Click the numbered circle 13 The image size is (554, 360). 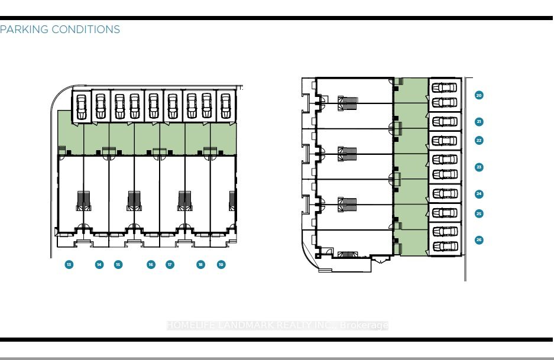(x=69, y=264)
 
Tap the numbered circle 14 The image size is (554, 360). (x=99, y=264)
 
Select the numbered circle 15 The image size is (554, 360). (x=118, y=264)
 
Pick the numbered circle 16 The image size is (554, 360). (x=151, y=264)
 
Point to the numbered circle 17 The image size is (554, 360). (x=170, y=264)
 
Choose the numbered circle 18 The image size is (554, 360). (x=201, y=264)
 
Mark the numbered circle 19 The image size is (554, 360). (x=221, y=264)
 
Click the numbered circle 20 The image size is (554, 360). (x=479, y=95)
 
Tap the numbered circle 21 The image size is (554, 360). (x=479, y=122)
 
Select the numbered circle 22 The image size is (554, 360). (x=479, y=140)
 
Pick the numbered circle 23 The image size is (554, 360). (x=479, y=167)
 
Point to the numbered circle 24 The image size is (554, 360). (x=479, y=194)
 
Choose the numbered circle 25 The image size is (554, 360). (x=479, y=213)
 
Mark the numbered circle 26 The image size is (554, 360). (x=479, y=239)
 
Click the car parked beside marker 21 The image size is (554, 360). (x=445, y=122)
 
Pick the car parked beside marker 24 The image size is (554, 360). (x=445, y=193)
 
